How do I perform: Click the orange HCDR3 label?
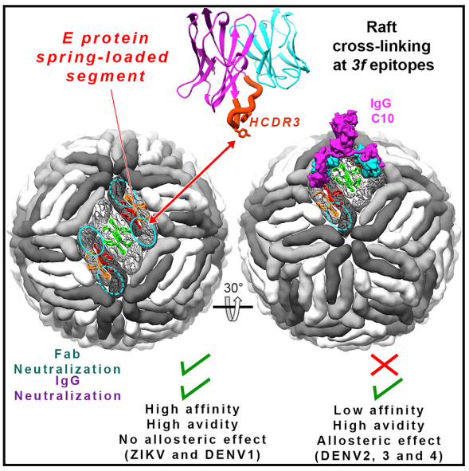click(x=275, y=123)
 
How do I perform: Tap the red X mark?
click(x=385, y=365)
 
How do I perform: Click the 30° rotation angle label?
click(x=233, y=288)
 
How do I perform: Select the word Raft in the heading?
click(x=381, y=27)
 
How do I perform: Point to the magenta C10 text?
click(x=382, y=119)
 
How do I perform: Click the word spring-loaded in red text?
click(x=103, y=57)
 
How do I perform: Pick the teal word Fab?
click(x=68, y=354)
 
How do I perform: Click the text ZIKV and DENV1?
click(x=193, y=455)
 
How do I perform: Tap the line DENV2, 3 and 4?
click(x=379, y=456)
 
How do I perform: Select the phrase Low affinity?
click(x=379, y=410)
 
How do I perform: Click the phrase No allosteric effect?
click(x=193, y=439)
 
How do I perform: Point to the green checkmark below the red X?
click(x=388, y=389)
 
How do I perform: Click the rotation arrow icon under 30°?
click(x=233, y=308)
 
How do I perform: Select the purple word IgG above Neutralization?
click(x=68, y=381)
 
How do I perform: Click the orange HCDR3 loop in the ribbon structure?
click(x=244, y=105)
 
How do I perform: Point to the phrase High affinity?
click(x=193, y=409)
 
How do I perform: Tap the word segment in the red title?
click(x=106, y=76)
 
